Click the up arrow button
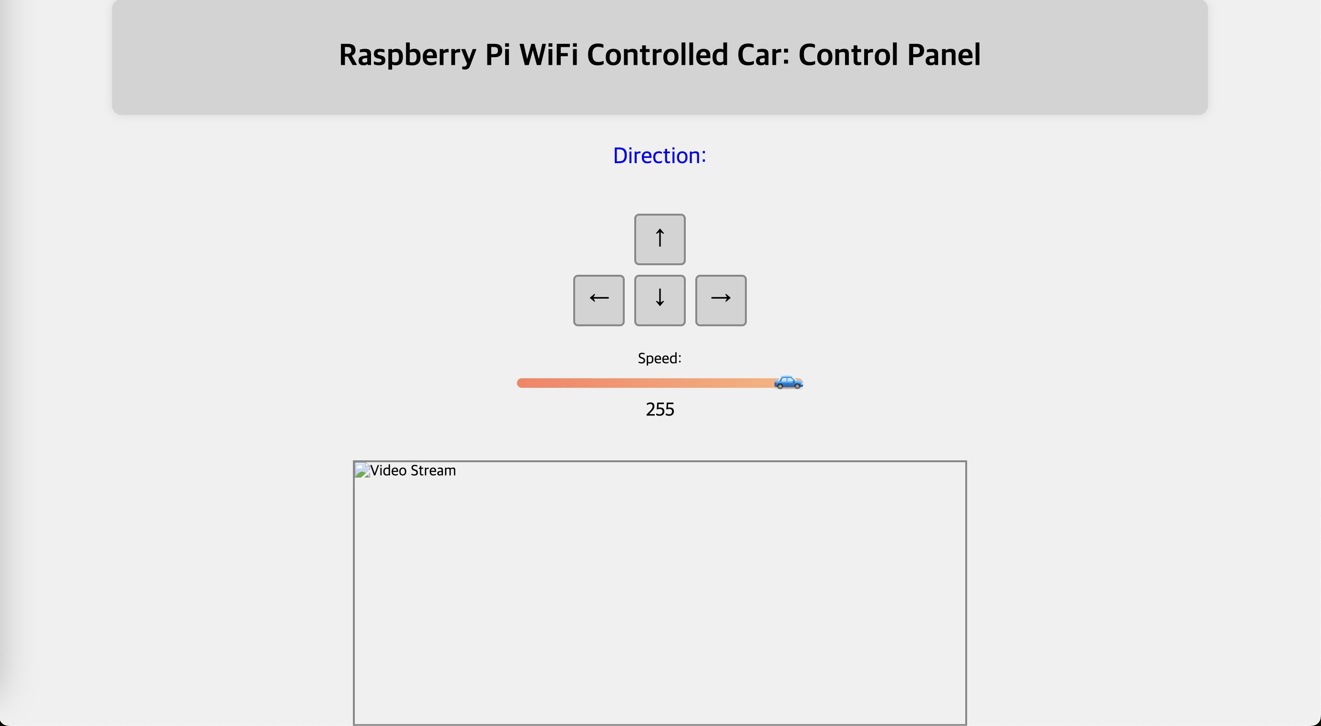660,239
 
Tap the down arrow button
660,300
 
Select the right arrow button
721,300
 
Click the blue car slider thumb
788,382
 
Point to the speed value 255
660,409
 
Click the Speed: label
660,358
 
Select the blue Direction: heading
660,156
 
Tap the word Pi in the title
497,54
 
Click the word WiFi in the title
549,54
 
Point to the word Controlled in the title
658,54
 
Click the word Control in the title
848,54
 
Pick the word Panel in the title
944,54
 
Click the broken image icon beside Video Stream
362,470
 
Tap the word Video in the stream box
388,470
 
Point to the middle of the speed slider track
660,383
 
